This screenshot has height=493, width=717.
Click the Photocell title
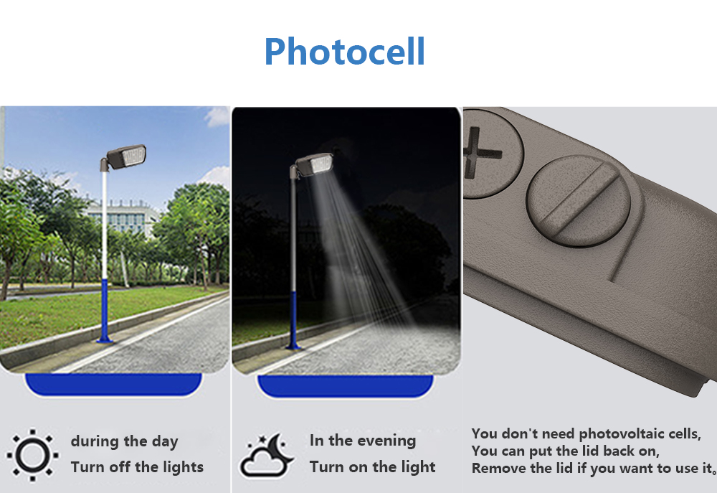[x=345, y=51]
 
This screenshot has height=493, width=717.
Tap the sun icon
[x=32, y=455]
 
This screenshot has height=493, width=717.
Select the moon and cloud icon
[x=266, y=455]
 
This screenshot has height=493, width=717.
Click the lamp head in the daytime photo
[x=124, y=157]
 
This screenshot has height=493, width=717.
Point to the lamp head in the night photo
[x=313, y=164]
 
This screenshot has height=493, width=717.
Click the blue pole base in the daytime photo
[x=105, y=311]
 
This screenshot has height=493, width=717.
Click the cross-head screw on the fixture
[x=492, y=154]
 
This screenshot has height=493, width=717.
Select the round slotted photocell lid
[x=578, y=200]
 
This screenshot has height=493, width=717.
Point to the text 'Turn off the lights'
[x=137, y=467]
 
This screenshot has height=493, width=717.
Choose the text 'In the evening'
[x=363, y=441]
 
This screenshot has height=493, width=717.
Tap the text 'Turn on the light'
[x=372, y=467]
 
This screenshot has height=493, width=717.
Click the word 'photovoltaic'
[x=621, y=434]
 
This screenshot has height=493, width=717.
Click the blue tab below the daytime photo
[x=113, y=384]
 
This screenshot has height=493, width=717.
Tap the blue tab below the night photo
[x=346, y=385]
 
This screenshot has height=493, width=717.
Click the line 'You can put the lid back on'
[x=565, y=451]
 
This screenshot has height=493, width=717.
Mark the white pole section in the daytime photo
[x=105, y=225]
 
